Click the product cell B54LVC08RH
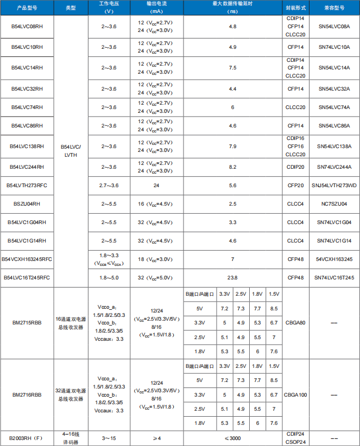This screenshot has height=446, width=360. (27, 27)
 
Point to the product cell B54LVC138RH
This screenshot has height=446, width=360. (27, 146)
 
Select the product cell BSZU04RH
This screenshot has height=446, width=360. (27, 203)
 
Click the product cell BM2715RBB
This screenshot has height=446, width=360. (27, 322)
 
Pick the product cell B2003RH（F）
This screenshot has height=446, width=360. (27, 438)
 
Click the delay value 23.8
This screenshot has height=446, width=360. (232, 277)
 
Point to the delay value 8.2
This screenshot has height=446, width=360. (232, 167)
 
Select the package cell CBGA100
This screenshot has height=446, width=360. (295, 394)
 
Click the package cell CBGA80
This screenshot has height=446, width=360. (295, 322)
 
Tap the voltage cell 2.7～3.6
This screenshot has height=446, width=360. (109, 185)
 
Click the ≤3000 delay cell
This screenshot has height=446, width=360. (232, 438)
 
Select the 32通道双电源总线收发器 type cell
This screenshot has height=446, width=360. (71, 394)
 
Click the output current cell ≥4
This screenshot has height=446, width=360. (156, 438)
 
